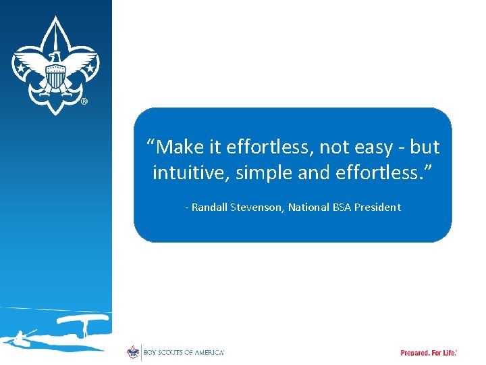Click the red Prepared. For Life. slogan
coord(429,353)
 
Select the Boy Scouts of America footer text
coord(183,353)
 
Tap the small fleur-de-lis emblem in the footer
coord(133,352)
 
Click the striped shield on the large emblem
coord(55,78)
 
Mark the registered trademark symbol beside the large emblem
coord(84,102)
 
